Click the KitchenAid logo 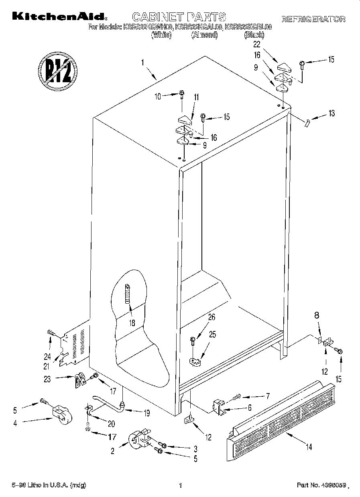60,16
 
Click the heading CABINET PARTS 179,17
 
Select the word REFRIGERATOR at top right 313,19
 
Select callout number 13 331,113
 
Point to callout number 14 308,446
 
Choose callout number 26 211,317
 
